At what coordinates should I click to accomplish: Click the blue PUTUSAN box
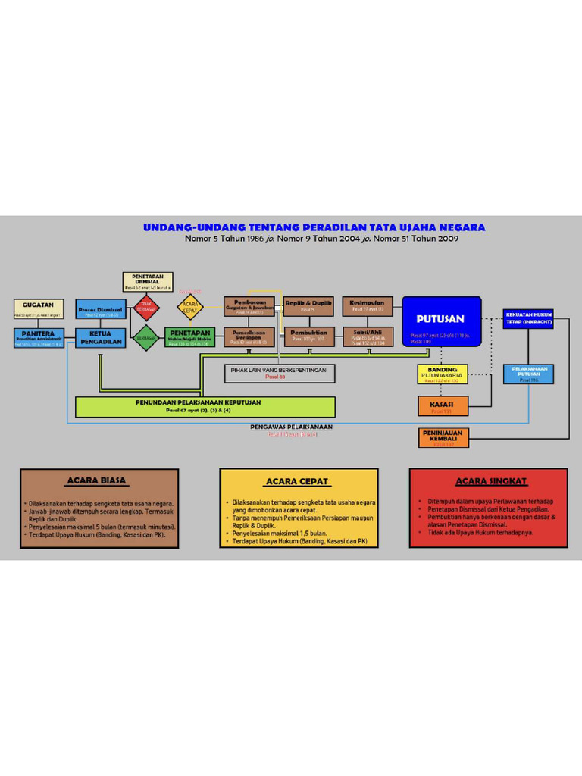tap(442, 321)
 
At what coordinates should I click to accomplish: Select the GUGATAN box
tap(39, 308)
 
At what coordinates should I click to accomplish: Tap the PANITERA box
tap(39, 337)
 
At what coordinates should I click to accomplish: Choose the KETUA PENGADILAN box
tap(100, 337)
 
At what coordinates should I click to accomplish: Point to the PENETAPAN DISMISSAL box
tap(148, 282)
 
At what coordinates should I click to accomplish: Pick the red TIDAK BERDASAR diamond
tap(146, 308)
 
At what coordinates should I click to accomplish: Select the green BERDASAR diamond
tap(146, 338)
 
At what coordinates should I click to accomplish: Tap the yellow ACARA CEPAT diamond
tap(190, 308)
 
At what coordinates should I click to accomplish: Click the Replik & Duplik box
tap(308, 306)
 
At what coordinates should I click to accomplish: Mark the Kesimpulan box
tap(368, 305)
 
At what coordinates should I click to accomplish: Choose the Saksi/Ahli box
tap(368, 336)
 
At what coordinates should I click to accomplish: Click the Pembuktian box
tap(308, 336)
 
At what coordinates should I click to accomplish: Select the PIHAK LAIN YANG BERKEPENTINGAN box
tap(279, 373)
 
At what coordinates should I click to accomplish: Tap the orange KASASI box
tap(443, 406)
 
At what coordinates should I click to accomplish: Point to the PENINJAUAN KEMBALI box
tap(443, 437)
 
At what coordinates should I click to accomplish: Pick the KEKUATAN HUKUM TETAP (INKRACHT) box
tap(528, 318)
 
